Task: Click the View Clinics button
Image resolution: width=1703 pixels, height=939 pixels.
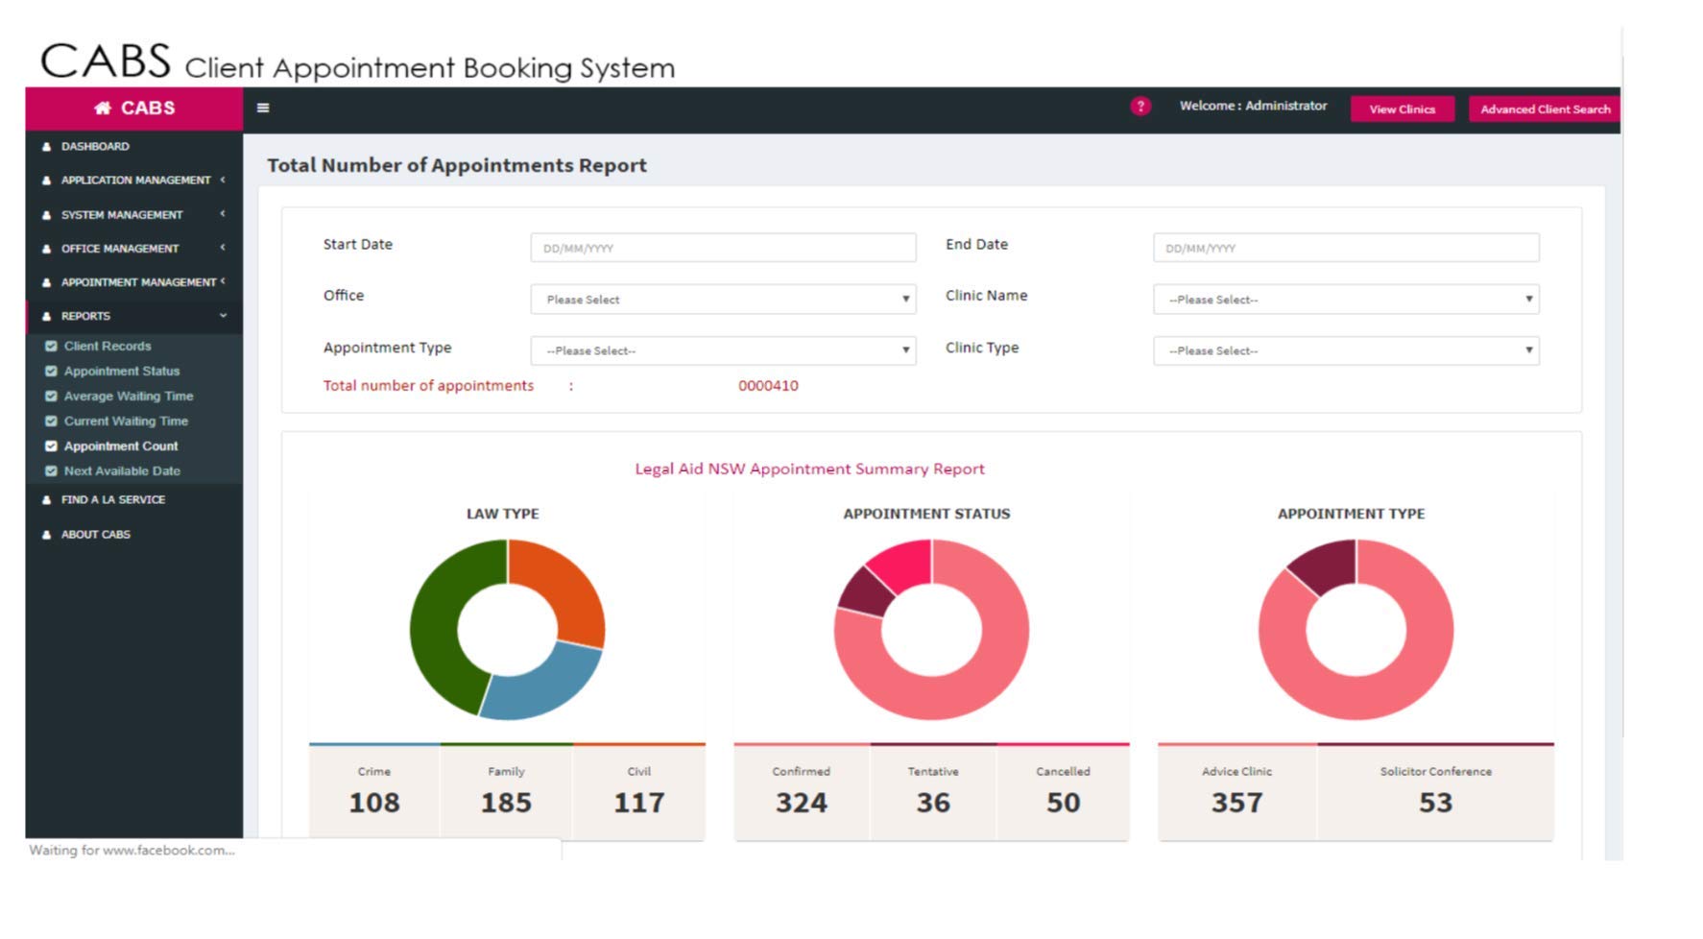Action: click(1402, 109)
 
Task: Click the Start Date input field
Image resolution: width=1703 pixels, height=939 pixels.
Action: click(723, 248)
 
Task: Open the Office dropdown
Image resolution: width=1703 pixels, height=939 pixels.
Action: click(723, 300)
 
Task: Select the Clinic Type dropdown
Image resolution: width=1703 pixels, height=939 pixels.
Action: click(1345, 350)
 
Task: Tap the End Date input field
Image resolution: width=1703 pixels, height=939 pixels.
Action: click(1345, 248)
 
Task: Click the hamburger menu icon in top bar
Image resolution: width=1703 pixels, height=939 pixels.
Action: click(263, 108)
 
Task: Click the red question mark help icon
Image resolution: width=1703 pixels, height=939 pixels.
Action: click(1139, 107)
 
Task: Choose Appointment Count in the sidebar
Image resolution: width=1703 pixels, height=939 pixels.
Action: click(121, 446)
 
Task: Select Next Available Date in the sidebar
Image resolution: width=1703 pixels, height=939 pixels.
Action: click(122, 471)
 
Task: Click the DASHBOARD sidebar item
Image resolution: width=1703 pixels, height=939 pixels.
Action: click(95, 147)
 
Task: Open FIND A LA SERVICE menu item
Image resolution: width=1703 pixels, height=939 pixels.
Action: click(113, 500)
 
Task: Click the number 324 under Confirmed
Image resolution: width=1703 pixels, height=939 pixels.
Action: click(802, 803)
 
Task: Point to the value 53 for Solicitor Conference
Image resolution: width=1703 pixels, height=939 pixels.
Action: click(1435, 803)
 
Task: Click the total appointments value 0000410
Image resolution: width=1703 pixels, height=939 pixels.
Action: click(768, 386)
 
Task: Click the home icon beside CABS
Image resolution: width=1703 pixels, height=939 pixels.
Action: click(102, 108)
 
